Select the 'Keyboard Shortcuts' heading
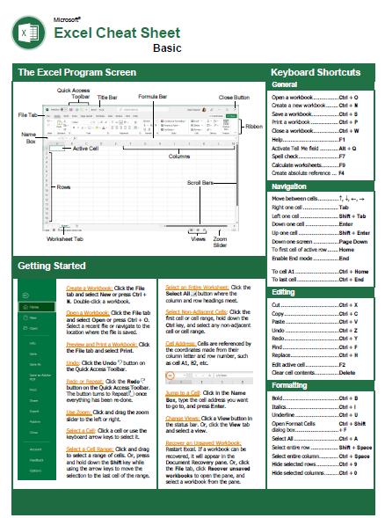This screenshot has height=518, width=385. [x=315, y=72]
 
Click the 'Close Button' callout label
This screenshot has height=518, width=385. [x=234, y=98]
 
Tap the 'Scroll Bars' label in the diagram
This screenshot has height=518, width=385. [x=200, y=182]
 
